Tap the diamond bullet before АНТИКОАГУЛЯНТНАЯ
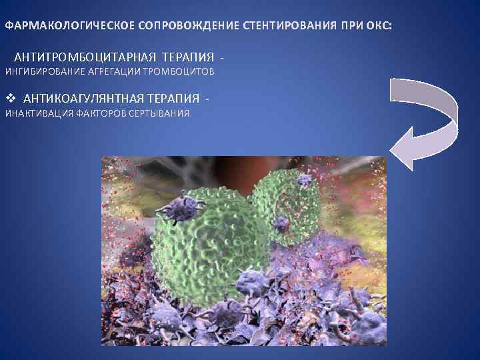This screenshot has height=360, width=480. click(x=9, y=99)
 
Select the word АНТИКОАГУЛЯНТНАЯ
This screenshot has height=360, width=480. click(x=83, y=99)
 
